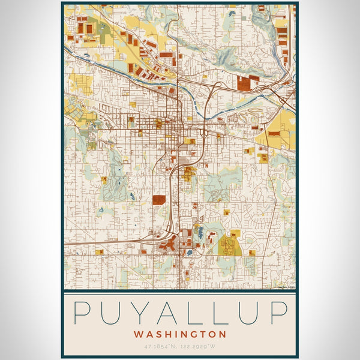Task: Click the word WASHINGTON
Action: pos(180,334)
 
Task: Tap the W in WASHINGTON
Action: pos(139,334)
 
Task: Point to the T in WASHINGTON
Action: pos(205,334)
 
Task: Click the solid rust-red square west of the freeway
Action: pos(159,200)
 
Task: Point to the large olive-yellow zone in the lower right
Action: pos(227,245)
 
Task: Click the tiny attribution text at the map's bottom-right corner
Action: pos(286,287)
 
